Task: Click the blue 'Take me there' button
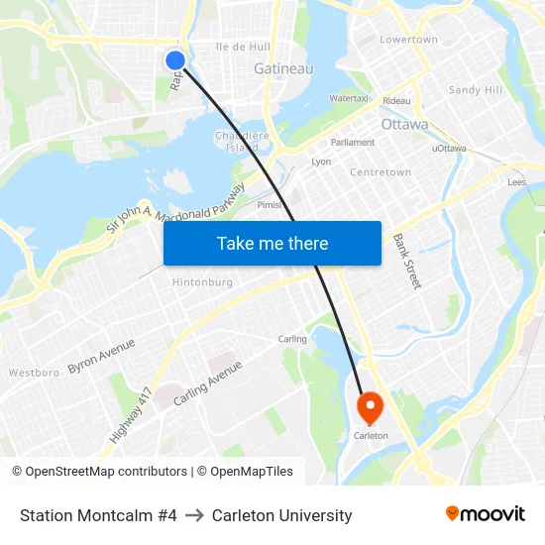click(272, 244)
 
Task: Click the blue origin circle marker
click(175, 60)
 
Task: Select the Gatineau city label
click(283, 69)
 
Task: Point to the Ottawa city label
click(404, 125)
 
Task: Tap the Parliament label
click(353, 143)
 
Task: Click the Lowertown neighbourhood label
click(409, 40)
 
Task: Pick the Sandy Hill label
click(476, 90)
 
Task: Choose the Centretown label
click(381, 172)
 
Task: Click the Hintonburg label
click(202, 282)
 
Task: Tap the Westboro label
click(34, 374)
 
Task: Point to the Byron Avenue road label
click(101, 356)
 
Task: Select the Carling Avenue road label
click(208, 383)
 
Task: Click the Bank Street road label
click(406, 262)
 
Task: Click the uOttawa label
click(449, 149)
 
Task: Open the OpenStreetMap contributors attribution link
click(99, 472)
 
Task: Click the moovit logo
click(486, 514)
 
